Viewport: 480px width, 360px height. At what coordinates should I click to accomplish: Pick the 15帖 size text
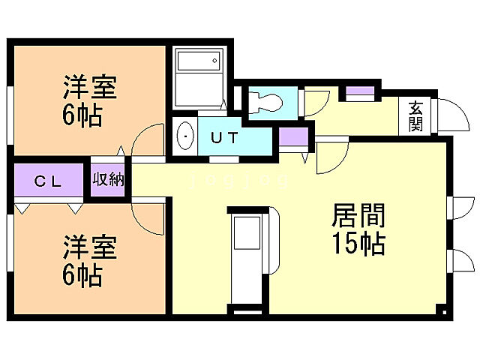click(x=358, y=244)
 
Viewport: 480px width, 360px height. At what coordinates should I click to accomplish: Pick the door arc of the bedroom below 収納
click(x=147, y=217)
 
